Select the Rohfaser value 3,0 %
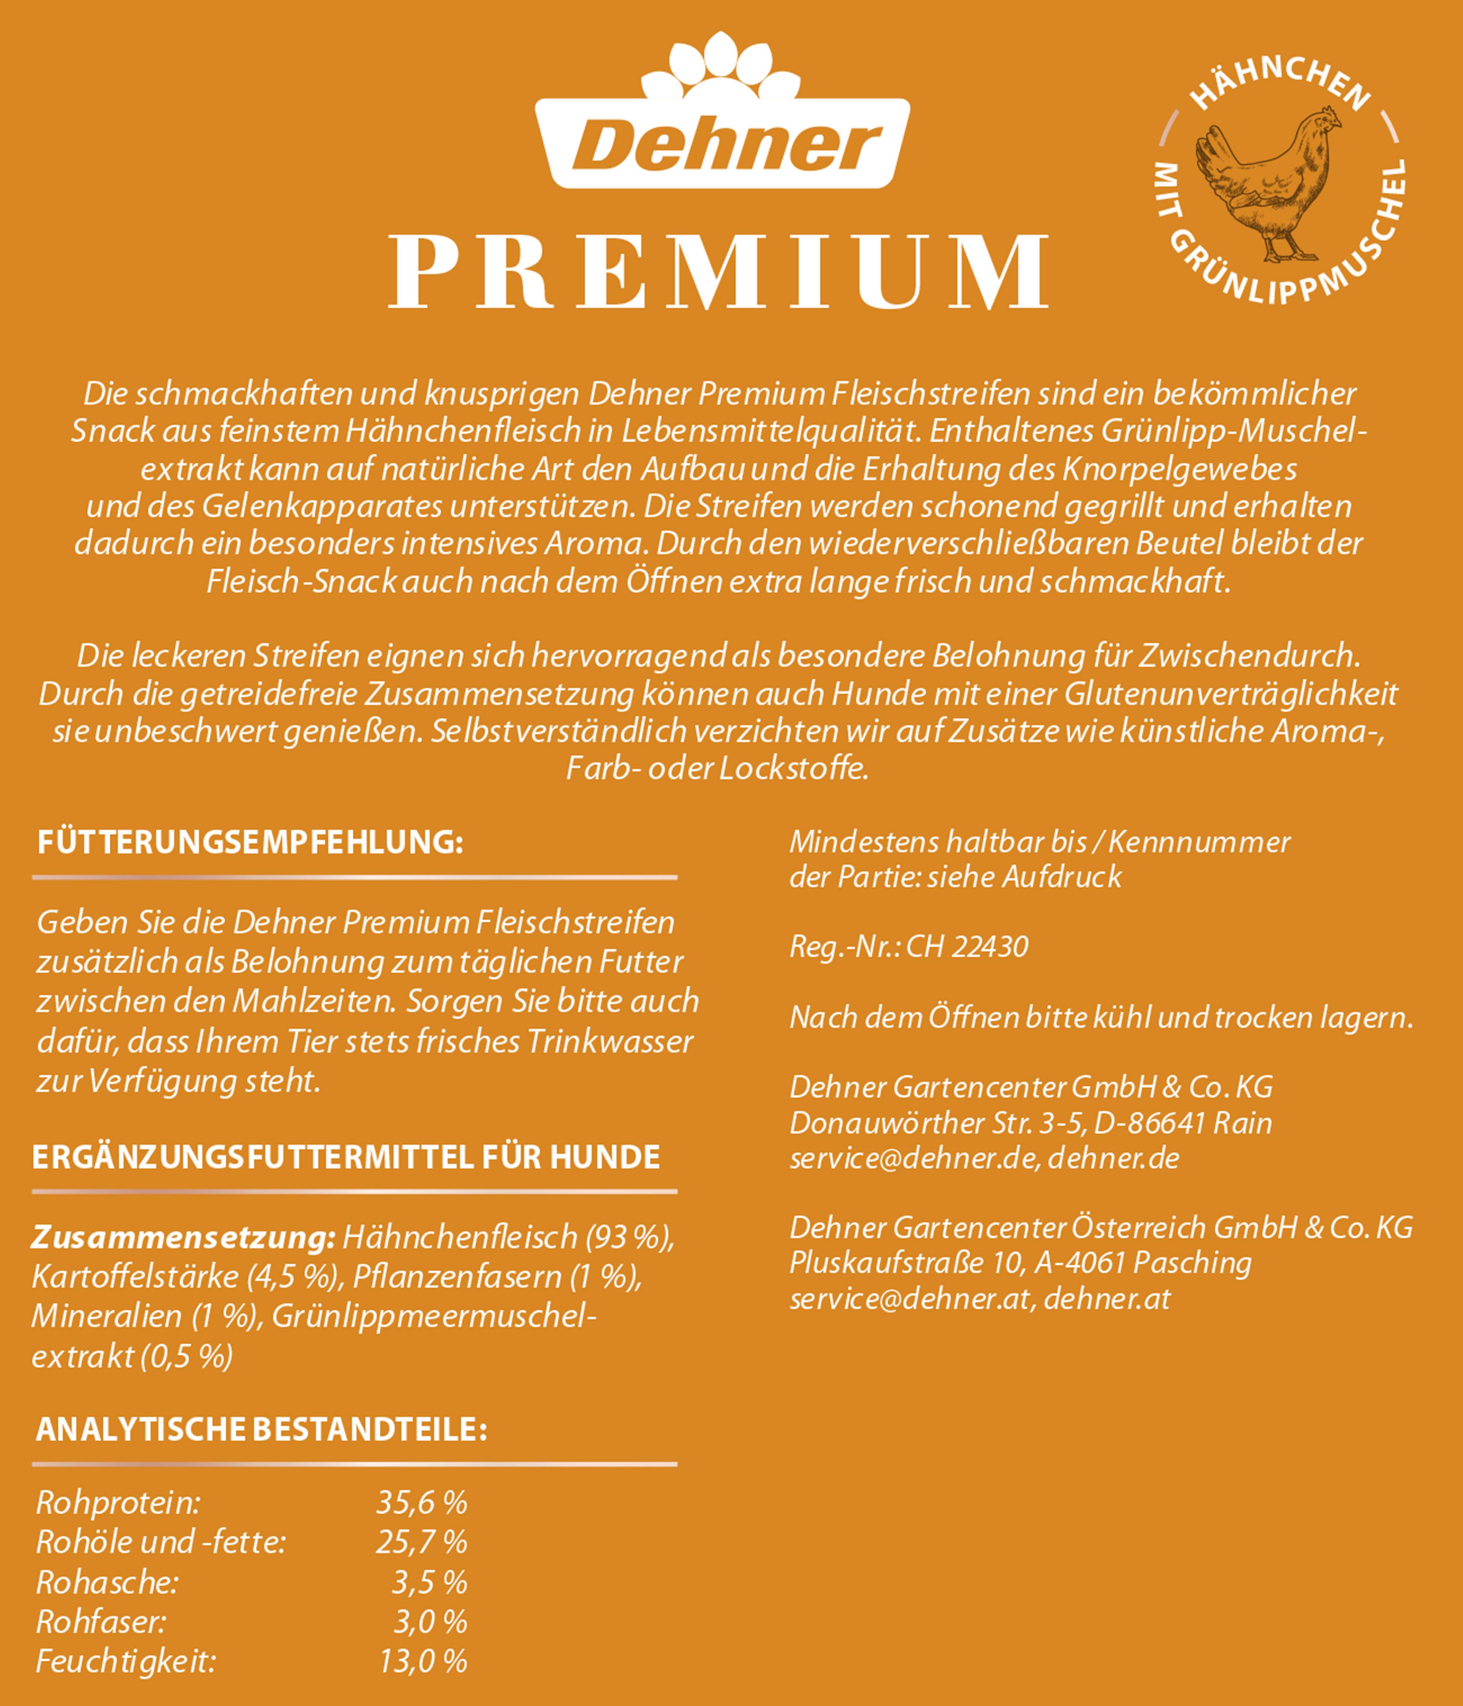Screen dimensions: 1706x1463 (x=430, y=1622)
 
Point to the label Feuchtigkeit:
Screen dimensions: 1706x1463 (x=125, y=1661)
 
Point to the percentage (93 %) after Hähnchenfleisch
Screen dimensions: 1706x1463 (x=630, y=1237)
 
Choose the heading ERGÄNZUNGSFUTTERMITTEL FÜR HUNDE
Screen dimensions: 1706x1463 (x=346, y=1157)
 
